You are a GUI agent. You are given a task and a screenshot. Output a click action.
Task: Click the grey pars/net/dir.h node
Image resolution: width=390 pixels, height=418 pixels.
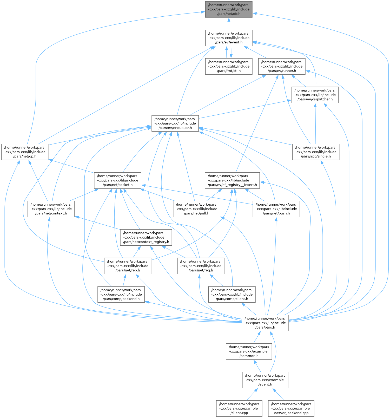[229, 9]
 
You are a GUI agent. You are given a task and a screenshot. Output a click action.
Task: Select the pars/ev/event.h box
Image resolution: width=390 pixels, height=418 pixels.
[229, 38]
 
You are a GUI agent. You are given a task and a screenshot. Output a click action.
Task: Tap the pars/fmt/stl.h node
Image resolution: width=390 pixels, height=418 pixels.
[229, 67]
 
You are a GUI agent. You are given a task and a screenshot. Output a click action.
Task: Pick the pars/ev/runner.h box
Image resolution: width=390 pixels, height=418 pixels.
[282, 67]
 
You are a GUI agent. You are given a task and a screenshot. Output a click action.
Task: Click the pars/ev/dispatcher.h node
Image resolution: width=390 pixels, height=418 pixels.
[315, 95]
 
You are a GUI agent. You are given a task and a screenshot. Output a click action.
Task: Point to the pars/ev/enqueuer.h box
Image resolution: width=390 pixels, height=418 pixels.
[175, 123]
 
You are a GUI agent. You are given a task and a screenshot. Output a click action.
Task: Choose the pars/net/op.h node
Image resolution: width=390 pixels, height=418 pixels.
[25, 152]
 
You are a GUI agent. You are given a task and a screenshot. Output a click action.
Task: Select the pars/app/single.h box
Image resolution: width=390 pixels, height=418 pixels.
[316, 152]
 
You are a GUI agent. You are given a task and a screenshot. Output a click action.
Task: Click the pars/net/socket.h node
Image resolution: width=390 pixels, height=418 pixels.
[117, 180]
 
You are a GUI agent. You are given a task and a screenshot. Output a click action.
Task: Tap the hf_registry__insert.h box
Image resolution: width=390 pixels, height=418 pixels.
[232, 180]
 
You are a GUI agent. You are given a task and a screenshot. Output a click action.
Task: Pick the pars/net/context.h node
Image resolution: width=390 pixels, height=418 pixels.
[51, 209]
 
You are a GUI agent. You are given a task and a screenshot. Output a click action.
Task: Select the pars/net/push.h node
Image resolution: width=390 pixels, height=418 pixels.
[276, 209]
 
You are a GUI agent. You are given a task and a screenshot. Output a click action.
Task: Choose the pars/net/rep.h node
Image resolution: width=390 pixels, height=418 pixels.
[128, 266]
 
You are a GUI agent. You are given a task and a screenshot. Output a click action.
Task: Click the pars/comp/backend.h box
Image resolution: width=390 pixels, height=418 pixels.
[121, 295]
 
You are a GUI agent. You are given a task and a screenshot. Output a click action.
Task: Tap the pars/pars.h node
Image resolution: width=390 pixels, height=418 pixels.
[265, 323]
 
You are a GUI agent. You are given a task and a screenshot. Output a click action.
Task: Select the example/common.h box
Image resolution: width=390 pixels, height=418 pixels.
[249, 351]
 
